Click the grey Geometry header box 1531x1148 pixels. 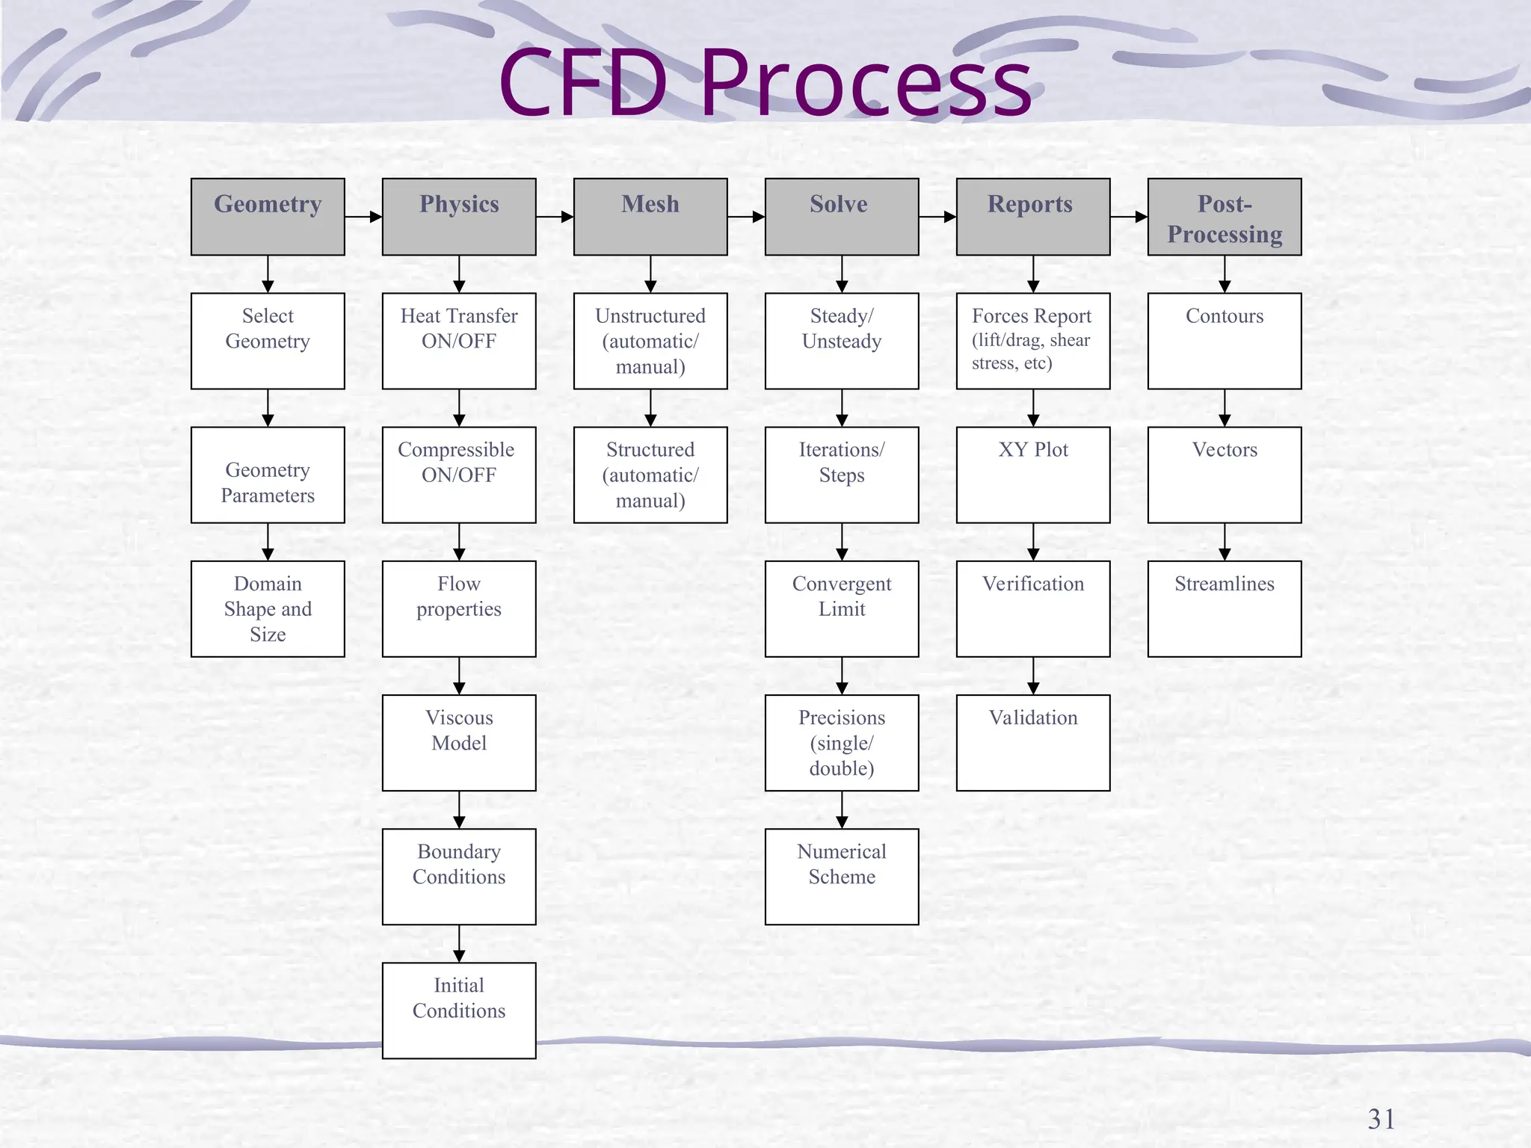[x=268, y=217]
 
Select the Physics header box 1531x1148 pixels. [x=459, y=217]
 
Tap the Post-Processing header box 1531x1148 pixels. [x=1225, y=217]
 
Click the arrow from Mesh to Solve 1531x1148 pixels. [x=746, y=217]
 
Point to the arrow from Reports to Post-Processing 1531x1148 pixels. [x=1129, y=217]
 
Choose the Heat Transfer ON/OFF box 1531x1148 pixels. [x=459, y=341]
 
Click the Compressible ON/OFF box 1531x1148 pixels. [x=459, y=475]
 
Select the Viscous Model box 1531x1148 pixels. [x=459, y=743]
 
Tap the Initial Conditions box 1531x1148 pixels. [x=459, y=1010]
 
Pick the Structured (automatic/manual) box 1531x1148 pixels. [x=650, y=475]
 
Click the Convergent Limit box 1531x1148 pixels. [x=842, y=608]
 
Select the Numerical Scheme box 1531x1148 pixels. [x=842, y=876]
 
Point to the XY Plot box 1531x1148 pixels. [x=1033, y=475]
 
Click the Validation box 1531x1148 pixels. [x=1033, y=743]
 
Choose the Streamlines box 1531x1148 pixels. [x=1225, y=608]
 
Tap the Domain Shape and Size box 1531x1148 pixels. [x=268, y=608]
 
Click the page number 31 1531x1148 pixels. [x=1381, y=1119]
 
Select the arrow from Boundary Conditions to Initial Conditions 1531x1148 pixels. [x=459, y=944]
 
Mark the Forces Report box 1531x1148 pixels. [x=1033, y=341]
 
